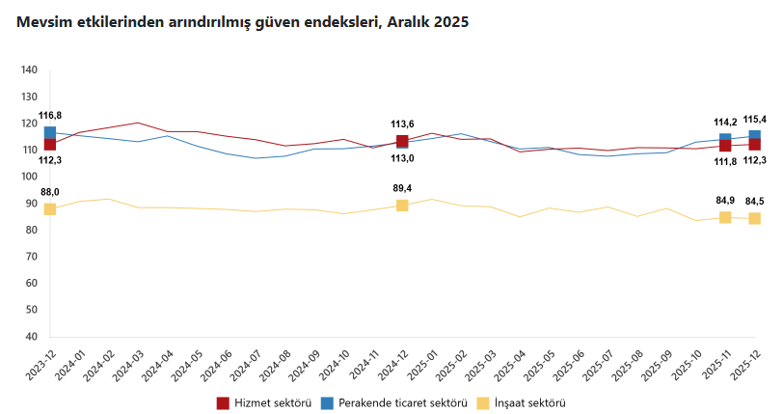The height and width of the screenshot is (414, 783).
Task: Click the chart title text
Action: click(236, 21)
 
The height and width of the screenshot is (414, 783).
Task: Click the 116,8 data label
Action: click(50, 116)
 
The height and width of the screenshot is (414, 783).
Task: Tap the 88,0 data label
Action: click(50, 192)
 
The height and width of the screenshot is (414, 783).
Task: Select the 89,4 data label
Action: click(402, 188)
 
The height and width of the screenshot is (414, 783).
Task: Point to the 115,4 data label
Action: click(755, 119)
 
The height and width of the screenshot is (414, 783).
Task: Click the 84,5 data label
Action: click(755, 201)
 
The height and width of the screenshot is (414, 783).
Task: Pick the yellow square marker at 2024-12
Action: click(402, 206)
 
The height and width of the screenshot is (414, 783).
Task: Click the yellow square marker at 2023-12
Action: click(50, 209)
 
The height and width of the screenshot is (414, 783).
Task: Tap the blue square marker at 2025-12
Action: click(755, 136)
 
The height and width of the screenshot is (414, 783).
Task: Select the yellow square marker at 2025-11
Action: click(725, 217)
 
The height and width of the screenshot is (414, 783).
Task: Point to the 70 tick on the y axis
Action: click(30, 258)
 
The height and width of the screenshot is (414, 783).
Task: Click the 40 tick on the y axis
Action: click(30, 338)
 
